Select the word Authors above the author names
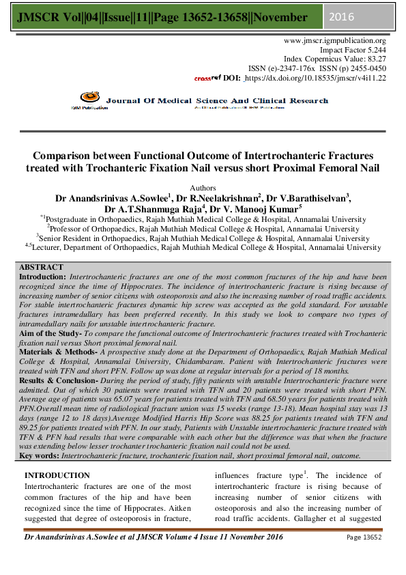[203, 186]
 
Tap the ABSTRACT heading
[41, 266]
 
